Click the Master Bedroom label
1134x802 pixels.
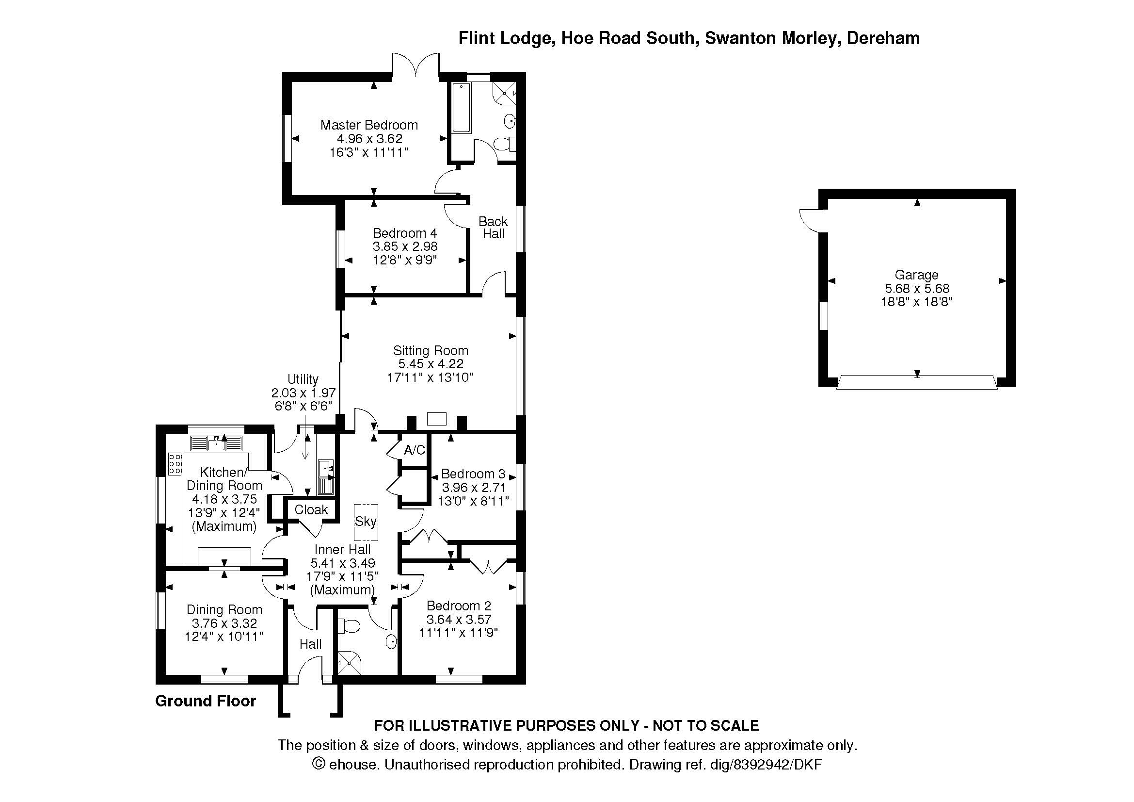coord(369,125)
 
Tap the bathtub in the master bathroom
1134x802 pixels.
coord(461,108)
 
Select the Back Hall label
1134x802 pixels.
coord(493,228)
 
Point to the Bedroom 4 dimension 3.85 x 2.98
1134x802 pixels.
coord(405,246)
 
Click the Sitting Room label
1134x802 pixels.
coord(430,351)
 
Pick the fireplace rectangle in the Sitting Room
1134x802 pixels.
coord(437,419)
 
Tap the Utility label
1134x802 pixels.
coord(303,379)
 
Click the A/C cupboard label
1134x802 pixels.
coord(415,450)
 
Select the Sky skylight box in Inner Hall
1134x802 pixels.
coord(366,523)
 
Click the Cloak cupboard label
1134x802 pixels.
coord(311,509)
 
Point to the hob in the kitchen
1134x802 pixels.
coord(175,464)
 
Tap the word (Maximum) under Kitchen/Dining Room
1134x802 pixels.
coord(224,526)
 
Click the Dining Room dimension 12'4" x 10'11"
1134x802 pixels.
coord(224,637)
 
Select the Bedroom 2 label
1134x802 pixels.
coord(459,606)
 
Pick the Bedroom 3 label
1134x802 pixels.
coord(473,475)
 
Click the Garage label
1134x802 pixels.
coord(916,275)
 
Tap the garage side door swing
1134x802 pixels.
coord(810,220)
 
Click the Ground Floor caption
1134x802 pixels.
coord(206,701)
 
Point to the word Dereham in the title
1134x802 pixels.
coord(883,38)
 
